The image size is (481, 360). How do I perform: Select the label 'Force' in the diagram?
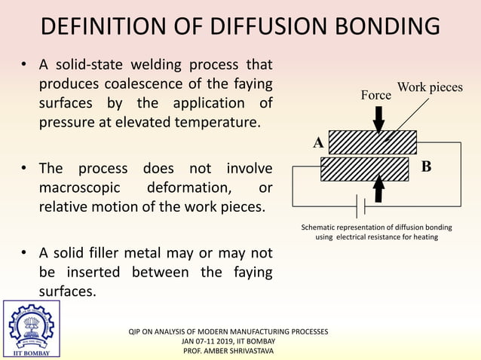pyautogui.click(x=375, y=96)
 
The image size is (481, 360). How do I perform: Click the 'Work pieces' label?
pyautogui.click(x=430, y=87)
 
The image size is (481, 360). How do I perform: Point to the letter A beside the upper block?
pyautogui.click(x=317, y=142)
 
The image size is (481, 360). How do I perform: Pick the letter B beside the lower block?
pyautogui.click(x=426, y=166)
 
